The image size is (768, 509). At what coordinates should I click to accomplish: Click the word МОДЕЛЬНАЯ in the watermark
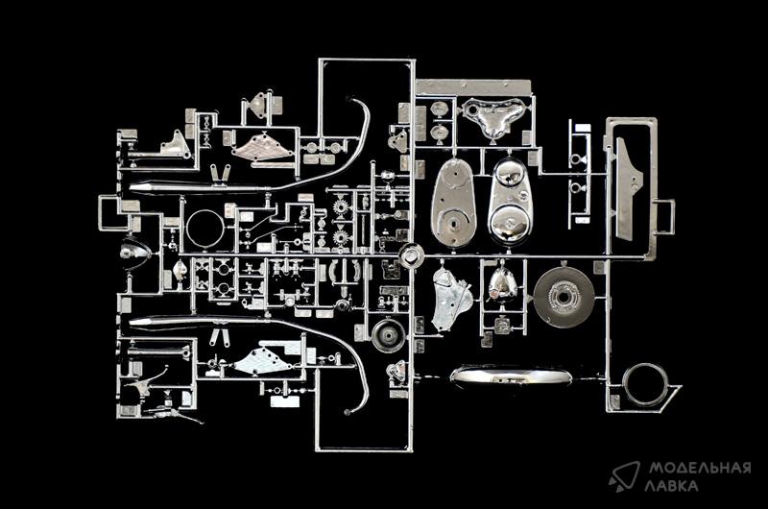click(700, 469)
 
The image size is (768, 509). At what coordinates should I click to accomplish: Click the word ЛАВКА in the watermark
click(671, 486)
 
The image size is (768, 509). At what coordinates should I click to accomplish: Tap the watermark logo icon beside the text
click(624, 476)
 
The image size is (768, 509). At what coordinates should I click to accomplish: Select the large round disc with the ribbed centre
click(564, 297)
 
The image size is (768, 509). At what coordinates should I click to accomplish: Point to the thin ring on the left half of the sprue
click(187, 229)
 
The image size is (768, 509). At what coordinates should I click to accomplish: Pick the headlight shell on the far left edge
click(135, 251)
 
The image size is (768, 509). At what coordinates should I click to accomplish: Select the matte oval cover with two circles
click(453, 203)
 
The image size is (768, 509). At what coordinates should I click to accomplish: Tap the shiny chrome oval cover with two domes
click(510, 202)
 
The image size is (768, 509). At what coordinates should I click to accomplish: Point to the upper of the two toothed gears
click(341, 207)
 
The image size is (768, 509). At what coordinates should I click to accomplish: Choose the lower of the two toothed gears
click(341, 237)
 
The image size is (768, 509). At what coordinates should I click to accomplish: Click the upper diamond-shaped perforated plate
click(261, 146)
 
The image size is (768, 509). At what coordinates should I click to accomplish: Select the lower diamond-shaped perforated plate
click(262, 360)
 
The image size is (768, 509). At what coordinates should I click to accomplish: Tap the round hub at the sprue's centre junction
click(411, 255)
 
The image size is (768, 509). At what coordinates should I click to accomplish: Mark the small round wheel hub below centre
click(389, 335)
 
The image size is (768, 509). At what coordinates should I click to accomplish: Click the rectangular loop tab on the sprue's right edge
click(665, 216)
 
